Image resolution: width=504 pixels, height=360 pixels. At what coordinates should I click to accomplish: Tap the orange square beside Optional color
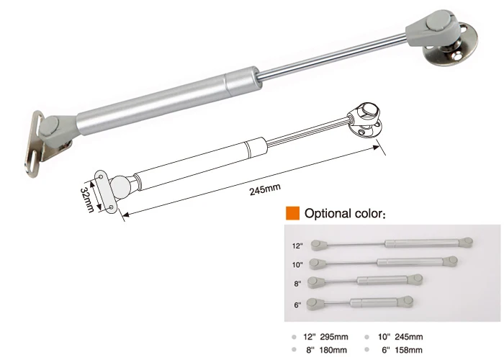292,213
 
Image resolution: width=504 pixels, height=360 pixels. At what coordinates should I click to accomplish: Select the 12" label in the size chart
297,245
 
